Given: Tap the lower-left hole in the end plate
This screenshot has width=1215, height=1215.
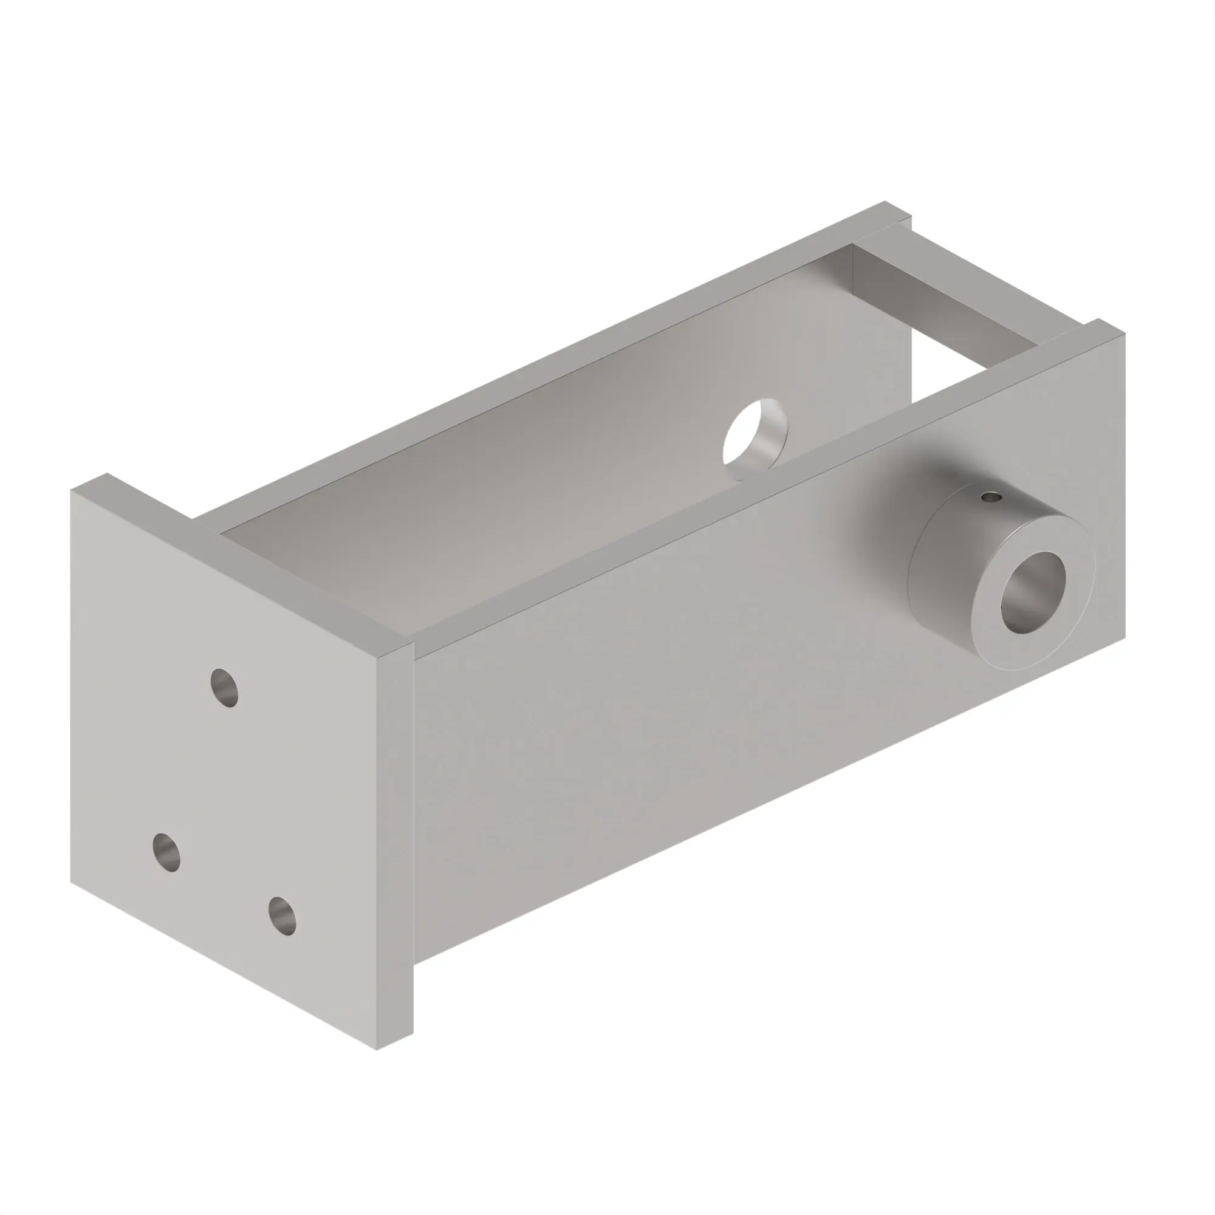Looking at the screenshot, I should [x=166, y=853].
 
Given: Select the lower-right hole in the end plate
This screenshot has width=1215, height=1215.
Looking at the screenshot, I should [x=282, y=916].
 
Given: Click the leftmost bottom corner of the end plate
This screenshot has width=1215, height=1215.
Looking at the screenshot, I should [x=71, y=882].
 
